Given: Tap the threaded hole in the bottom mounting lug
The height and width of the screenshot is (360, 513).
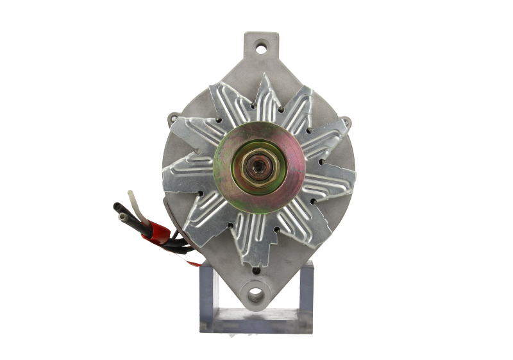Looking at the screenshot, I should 256,294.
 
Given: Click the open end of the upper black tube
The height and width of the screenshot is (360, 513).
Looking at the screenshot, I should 117,207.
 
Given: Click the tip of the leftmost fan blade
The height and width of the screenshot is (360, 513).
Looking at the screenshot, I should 168,171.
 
